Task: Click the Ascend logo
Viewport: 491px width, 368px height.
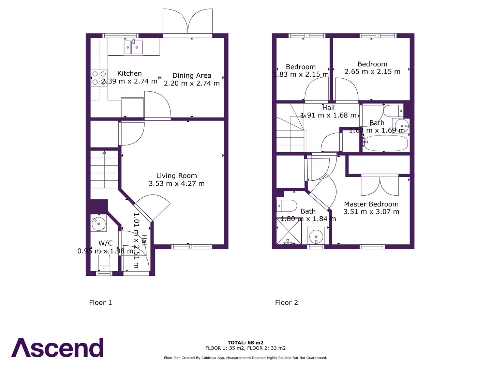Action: [57, 348]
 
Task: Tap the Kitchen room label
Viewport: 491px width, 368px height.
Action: [129, 73]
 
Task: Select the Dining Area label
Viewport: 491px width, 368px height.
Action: [192, 75]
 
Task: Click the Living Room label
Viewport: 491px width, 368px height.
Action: [177, 176]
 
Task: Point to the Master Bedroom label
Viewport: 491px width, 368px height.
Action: [371, 204]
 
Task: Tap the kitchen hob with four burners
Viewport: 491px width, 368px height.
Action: [99, 78]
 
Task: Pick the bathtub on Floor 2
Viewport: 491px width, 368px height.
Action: [385, 143]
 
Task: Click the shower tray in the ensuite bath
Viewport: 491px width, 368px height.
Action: [288, 232]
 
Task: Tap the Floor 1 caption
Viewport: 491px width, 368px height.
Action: [100, 303]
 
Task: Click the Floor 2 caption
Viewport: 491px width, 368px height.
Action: [286, 303]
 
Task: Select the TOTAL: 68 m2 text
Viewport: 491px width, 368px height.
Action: [245, 343]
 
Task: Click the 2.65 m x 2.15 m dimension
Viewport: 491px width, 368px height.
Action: [372, 72]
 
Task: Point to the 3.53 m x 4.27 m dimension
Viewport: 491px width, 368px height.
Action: [177, 184]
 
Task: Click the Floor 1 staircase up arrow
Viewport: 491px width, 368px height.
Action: [104, 153]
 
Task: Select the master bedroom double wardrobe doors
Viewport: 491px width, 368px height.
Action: [380, 185]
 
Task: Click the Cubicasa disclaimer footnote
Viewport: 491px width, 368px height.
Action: [245, 358]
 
